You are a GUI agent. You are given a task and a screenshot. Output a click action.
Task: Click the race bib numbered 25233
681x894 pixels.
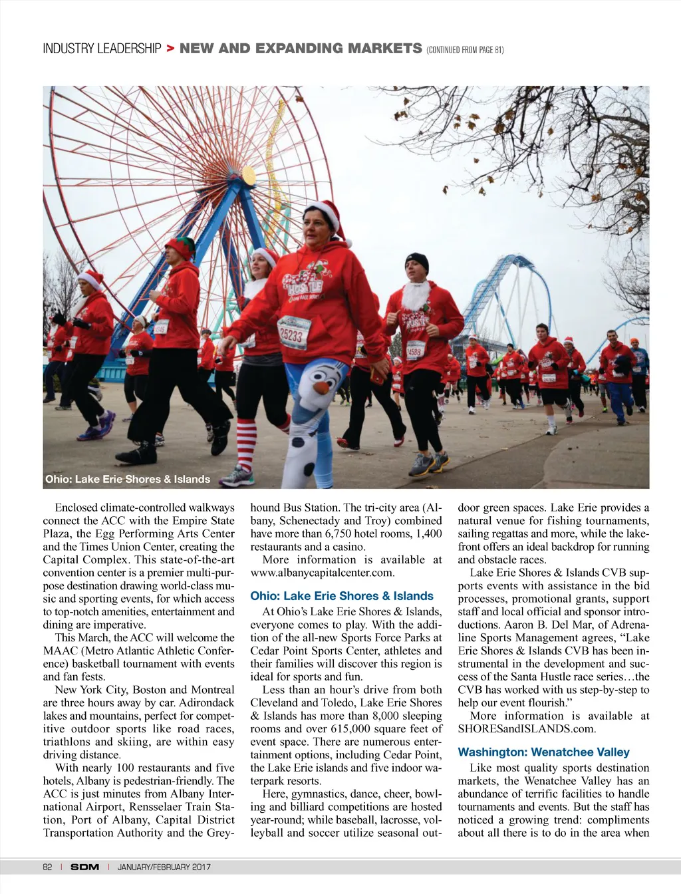tap(293, 332)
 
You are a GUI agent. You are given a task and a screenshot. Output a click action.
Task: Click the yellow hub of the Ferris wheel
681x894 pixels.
tap(247, 177)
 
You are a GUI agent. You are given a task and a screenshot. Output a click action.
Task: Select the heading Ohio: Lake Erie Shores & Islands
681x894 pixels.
tap(342, 596)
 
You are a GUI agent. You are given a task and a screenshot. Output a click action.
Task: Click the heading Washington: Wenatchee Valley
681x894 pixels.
tap(543, 752)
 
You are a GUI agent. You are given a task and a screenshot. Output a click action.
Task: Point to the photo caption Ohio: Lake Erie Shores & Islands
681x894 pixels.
tap(128, 479)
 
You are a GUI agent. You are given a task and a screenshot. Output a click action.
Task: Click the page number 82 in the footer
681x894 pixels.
tap(47, 867)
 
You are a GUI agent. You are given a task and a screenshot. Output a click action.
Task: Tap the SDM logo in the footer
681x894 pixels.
tap(84, 867)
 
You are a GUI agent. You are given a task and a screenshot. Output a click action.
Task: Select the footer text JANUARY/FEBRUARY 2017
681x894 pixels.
tap(164, 867)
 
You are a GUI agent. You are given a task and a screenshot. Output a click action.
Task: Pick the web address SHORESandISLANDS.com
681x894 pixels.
tap(527, 728)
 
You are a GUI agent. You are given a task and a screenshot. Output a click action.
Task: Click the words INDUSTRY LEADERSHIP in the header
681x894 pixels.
tap(102, 49)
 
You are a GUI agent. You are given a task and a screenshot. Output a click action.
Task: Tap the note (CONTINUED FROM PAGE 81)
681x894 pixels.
tap(465, 50)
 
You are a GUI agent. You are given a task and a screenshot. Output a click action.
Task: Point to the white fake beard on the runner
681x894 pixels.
tap(416, 296)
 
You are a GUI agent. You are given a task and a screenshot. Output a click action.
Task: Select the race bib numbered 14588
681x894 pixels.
tap(415, 350)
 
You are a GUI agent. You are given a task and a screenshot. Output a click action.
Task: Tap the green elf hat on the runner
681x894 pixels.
tap(180, 247)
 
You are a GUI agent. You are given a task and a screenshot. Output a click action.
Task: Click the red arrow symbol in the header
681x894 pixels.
tap(170, 49)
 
